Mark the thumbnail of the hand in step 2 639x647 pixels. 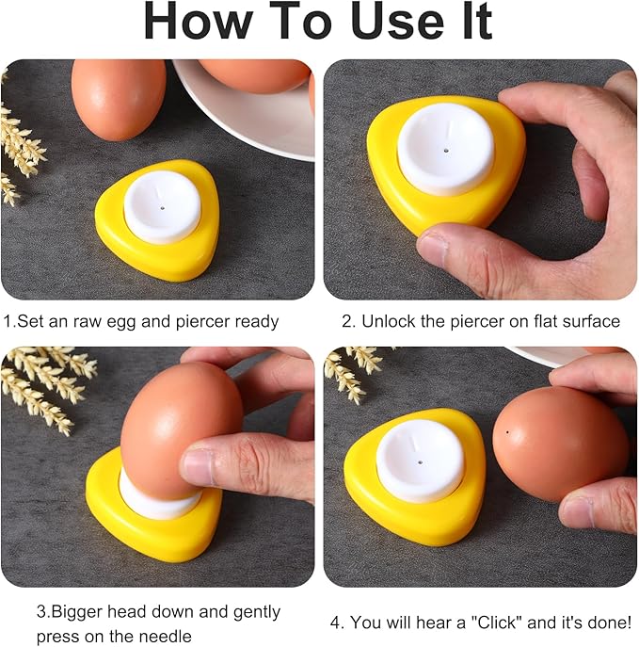[x=434, y=247]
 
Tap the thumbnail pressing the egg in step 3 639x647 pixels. [x=199, y=465]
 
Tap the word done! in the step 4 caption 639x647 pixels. [x=611, y=623]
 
